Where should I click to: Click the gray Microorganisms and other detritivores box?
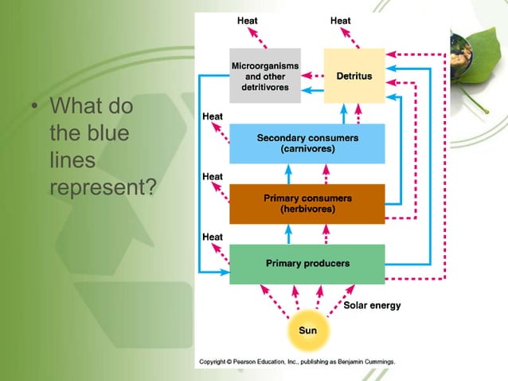(x=265, y=75)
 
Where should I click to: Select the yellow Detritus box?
(x=354, y=75)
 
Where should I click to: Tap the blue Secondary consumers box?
(x=307, y=143)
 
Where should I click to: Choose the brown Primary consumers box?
(x=307, y=203)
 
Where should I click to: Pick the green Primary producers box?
(x=307, y=264)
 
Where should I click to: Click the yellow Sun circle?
(x=307, y=329)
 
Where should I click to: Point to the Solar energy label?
(x=372, y=305)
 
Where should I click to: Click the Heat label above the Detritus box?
(x=341, y=20)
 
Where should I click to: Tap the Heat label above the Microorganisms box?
(x=247, y=20)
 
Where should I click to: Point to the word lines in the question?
(x=72, y=161)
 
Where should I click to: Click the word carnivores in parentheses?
(x=307, y=149)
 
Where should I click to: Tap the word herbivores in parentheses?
(x=307, y=209)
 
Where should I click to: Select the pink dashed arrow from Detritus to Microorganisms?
(x=312, y=77)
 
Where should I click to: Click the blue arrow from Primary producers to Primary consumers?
(x=288, y=234)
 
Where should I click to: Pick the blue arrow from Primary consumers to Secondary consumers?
(x=288, y=174)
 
